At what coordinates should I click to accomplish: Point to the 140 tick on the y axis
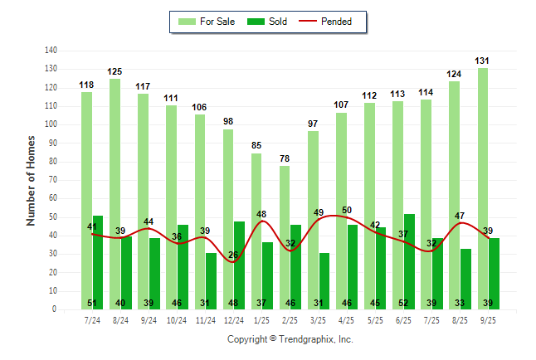pos(51,50)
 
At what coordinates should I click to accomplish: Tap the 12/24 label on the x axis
pos(233,320)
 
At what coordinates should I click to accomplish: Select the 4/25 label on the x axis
pos(347,320)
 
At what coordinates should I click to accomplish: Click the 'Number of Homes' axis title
pos(32,180)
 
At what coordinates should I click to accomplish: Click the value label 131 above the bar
pos(483,61)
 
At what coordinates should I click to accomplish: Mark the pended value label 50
pos(347,210)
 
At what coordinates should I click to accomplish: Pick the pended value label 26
pos(233,255)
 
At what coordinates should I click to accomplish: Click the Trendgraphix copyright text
pos(290,339)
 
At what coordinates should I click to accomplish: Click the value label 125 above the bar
pos(115,71)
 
